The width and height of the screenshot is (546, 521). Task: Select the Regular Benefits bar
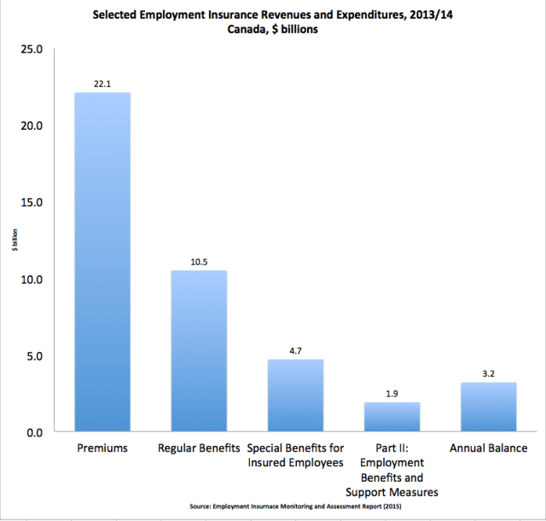click(199, 351)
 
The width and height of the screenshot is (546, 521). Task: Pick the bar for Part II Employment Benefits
click(392, 417)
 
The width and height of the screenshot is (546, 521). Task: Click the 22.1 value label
click(102, 83)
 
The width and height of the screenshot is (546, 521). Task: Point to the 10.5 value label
click(199, 261)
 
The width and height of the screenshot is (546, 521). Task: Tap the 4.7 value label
click(296, 350)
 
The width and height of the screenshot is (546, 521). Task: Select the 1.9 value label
click(392, 393)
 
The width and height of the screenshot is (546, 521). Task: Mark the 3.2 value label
click(489, 373)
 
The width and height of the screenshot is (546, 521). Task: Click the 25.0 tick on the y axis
click(32, 49)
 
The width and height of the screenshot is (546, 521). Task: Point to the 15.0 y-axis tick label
click(32, 202)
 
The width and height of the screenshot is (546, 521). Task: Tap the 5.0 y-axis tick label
click(35, 355)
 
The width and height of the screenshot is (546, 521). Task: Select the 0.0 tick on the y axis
click(35, 432)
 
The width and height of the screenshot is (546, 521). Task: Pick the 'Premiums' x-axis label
click(102, 448)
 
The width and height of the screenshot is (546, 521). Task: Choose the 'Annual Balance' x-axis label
click(489, 448)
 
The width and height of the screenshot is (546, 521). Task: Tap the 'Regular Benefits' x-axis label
click(199, 448)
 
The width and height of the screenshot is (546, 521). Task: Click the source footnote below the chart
click(295, 506)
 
